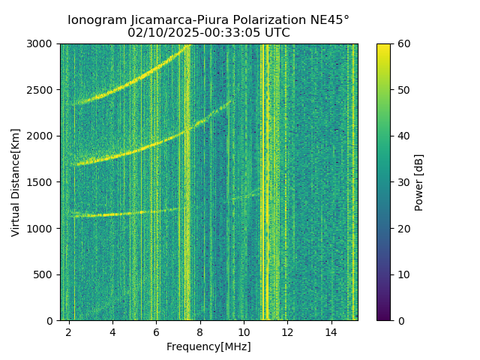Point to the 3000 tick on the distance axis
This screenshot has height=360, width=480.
tap(42, 44)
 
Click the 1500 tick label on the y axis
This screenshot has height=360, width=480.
tap(42, 182)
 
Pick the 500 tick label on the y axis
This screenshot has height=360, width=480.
tap(45, 274)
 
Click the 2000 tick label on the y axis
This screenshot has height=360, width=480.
tap(42, 136)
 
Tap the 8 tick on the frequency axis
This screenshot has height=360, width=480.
tap(200, 331)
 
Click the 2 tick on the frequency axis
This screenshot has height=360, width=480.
tap(69, 331)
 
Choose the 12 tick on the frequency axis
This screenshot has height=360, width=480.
tap(287, 331)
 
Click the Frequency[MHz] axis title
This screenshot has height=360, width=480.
tap(208, 346)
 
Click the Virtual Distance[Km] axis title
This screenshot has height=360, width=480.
tap(16, 182)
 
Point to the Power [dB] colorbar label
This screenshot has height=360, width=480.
tap(419, 182)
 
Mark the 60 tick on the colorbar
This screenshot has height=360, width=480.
tap(403, 44)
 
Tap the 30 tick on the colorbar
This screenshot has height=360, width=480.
tap(403, 182)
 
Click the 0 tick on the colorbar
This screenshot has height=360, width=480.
tap(400, 320)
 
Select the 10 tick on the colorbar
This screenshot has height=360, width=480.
tap(403, 274)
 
